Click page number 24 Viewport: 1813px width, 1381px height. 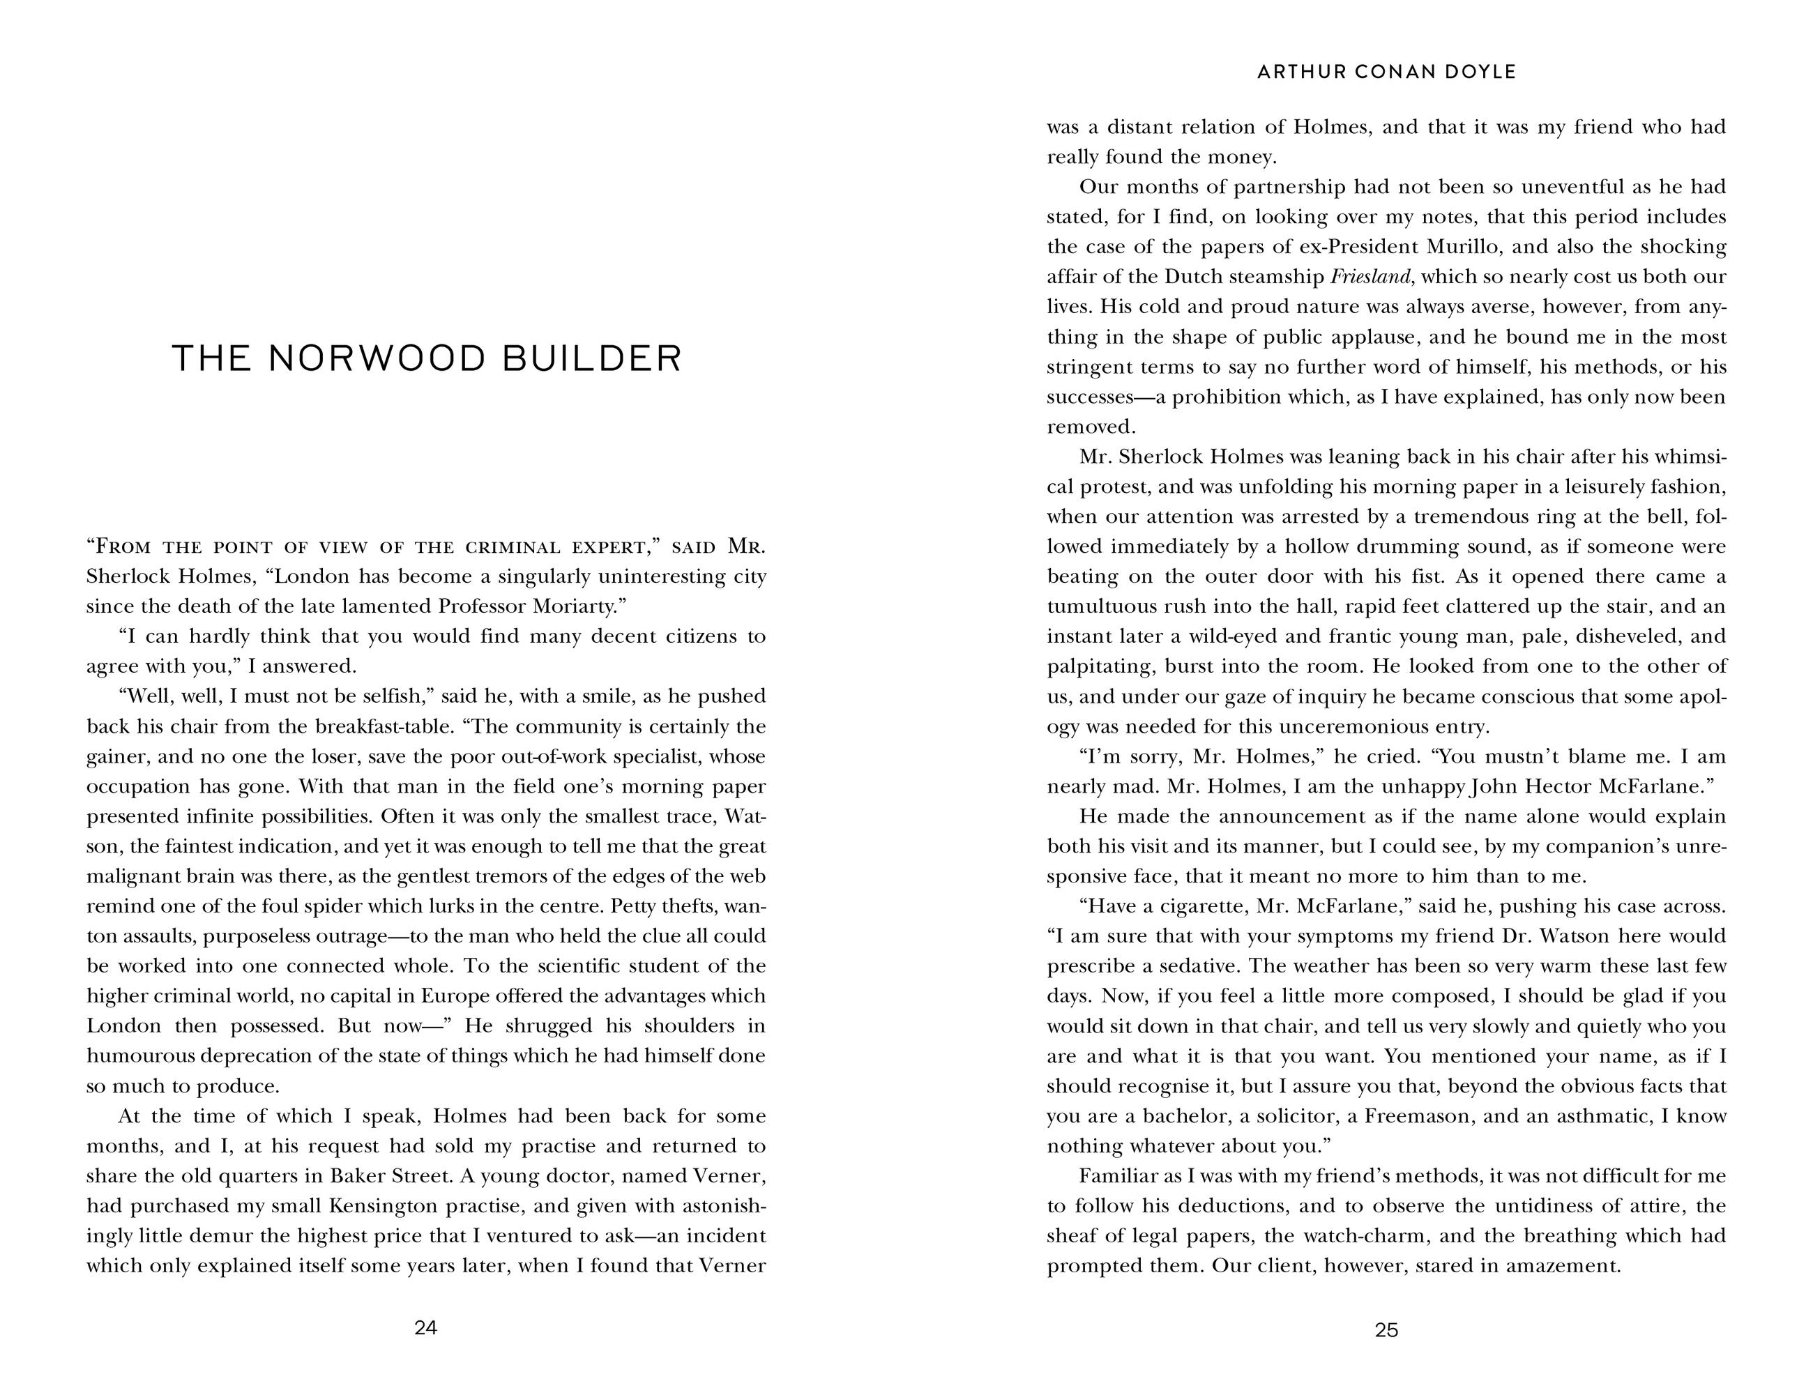coord(425,1327)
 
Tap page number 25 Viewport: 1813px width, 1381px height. coord(1386,1330)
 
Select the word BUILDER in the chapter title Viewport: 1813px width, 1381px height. coord(592,358)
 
